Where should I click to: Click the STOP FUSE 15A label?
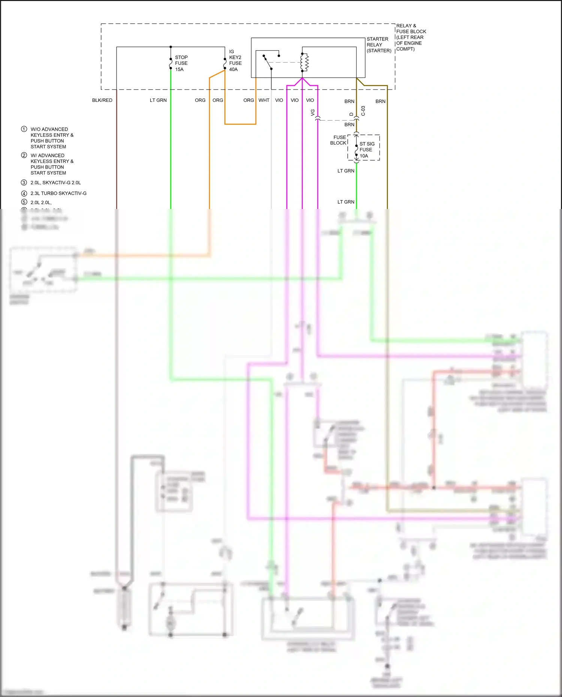pyautogui.click(x=181, y=63)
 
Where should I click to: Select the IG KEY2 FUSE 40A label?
pyautogui.click(x=235, y=61)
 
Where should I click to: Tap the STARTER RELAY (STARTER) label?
pyautogui.click(x=378, y=45)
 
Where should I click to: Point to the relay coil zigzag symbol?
pyautogui.click(x=305, y=63)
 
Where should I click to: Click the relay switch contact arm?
pyautogui.click(x=268, y=63)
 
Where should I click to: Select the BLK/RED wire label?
pyautogui.click(x=102, y=100)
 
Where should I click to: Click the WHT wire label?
pyautogui.click(x=264, y=100)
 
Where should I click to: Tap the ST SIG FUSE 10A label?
pyautogui.click(x=367, y=150)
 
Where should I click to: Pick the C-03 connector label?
pyautogui.click(x=363, y=111)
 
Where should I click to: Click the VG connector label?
pyautogui.click(x=313, y=112)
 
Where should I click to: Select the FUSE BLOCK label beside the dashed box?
pyautogui.click(x=339, y=140)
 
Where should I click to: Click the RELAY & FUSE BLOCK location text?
pyautogui.click(x=411, y=37)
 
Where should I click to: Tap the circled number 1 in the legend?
pyautogui.click(x=24, y=129)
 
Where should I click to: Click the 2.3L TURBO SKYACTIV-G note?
pyautogui.click(x=58, y=194)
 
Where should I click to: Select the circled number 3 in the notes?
pyautogui.click(x=24, y=183)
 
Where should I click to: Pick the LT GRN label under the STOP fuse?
pyautogui.click(x=158, y=100)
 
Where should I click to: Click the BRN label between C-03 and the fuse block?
pyautogui.click(x=349, y=125)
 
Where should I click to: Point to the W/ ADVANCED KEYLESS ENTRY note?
pyautogui.click(x=52, y=164)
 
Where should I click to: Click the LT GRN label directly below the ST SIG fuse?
pyautogui.click(x=346, y=171)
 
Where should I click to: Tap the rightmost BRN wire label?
pyautogui.click(x=380, y=101)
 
